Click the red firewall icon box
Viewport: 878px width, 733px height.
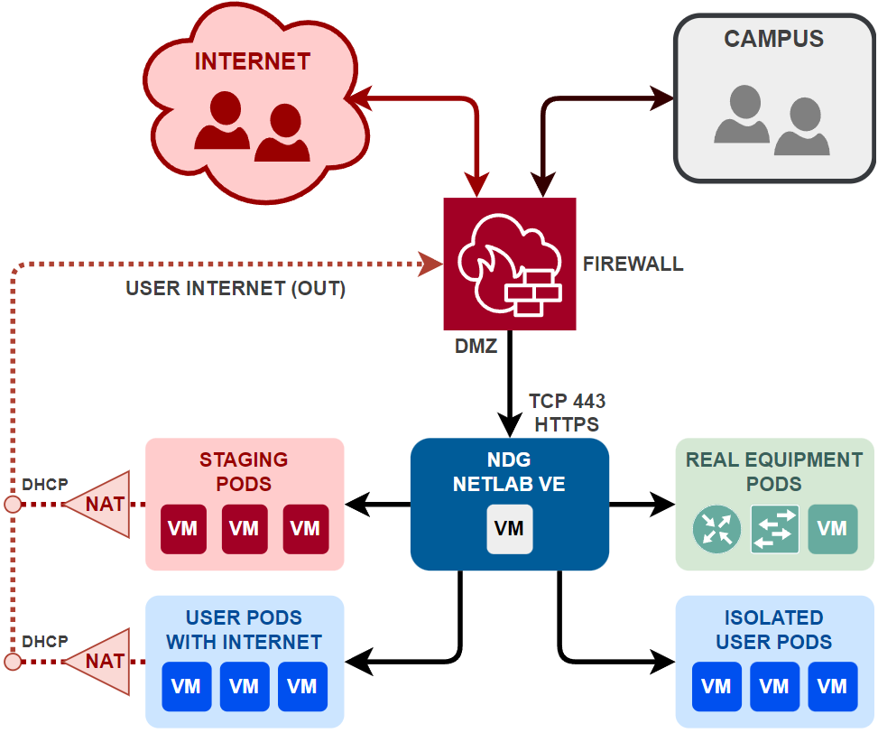tap(510, 264)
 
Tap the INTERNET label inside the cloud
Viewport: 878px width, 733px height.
tap(253, 61)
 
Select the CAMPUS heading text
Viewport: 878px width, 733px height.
tap(773, 39)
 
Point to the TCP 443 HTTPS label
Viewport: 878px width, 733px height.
tap(567, 412)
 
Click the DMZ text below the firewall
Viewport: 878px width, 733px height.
tap(476, 346)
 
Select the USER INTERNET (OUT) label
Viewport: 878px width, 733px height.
tap(236, 289)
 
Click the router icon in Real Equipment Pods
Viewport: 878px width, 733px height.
tap(716, 529)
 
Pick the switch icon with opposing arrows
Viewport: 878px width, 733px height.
tap(774, 529)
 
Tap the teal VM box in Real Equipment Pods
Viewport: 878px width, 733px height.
tap(832, 529)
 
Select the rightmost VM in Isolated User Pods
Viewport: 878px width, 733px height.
tap(832, 687)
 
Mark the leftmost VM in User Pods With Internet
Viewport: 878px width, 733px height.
tap(187, 687)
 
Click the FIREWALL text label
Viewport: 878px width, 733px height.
tap(633, 264)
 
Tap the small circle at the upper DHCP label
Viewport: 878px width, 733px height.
tap(13, 504)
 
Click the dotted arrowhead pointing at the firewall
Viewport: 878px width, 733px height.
tap(432, 264)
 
